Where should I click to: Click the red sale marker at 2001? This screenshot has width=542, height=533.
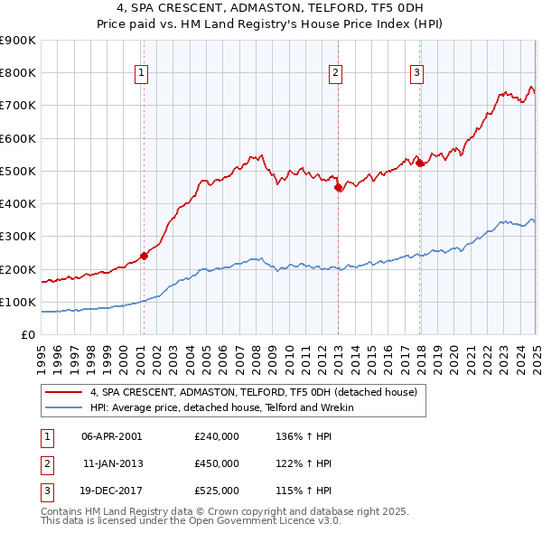144,256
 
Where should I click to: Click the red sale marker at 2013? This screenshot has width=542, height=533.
339,188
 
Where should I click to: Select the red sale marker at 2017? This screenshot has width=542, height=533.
420,163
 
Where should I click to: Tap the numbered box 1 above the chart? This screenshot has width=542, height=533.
143,74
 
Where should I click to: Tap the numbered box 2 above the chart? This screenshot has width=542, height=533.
335,74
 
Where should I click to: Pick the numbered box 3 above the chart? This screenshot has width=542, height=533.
416,74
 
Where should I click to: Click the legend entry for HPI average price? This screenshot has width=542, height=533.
221,407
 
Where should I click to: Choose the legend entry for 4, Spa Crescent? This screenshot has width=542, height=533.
253,392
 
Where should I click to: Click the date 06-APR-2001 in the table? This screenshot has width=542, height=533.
111,435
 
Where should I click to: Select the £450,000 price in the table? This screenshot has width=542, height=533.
217,463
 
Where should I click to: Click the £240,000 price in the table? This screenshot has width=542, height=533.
217,435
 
